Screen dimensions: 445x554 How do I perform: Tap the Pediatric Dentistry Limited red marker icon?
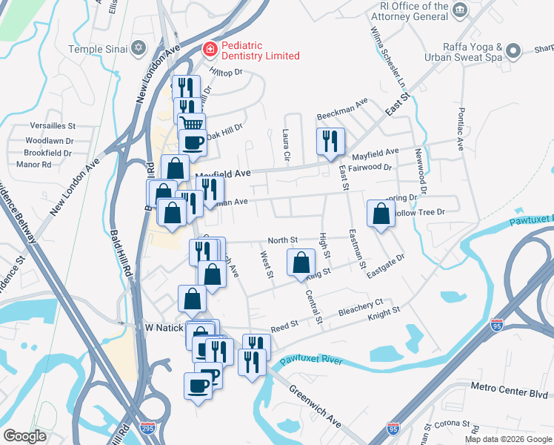[210, 50]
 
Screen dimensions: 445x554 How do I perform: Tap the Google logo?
[25, 436]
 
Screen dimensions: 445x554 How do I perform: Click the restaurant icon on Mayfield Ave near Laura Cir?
[330, 141]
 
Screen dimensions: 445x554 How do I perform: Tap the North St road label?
[282, 240]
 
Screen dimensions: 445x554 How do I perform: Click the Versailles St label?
[53, 126]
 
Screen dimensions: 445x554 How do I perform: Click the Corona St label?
[453, 424]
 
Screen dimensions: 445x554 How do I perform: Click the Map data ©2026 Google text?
[508, 439]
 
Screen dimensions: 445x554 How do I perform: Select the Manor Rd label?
[33, 164]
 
